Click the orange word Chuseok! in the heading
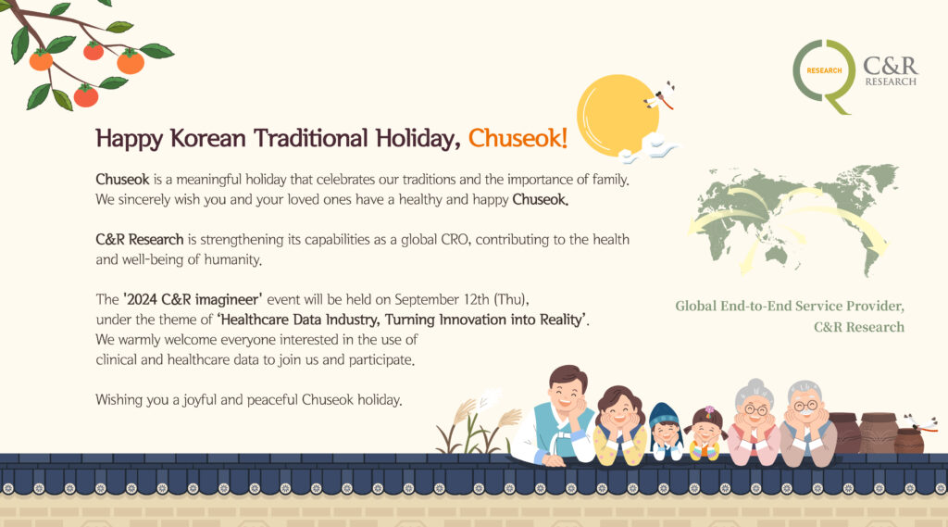coord(518,139)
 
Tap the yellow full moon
coord(617,115)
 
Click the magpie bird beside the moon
coord(661,95)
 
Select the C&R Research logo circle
coord(823,75)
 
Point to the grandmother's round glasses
coord(755,410)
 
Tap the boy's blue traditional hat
coord(665,416)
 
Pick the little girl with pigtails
coord(705,433)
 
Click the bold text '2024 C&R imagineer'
coord(193,299)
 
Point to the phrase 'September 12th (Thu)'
coord(461,299)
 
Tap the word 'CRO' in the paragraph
coord(455,240)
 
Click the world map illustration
coord(793,219)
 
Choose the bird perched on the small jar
coord(920,422)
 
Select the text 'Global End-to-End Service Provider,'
coord(790,307)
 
